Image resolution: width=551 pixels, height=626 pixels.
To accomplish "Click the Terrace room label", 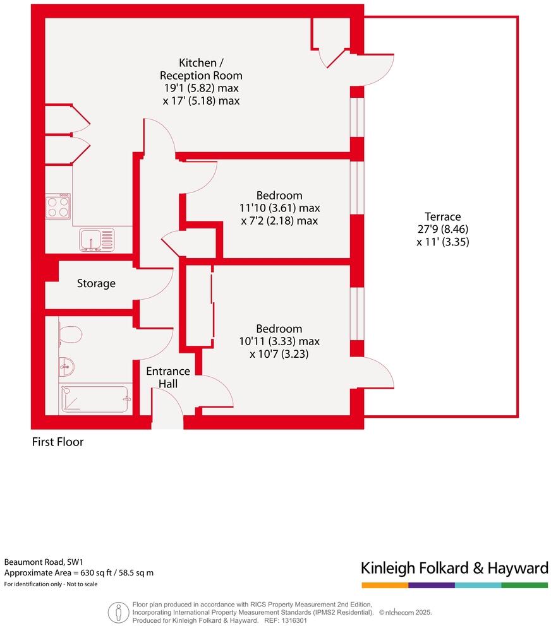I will [442, 216].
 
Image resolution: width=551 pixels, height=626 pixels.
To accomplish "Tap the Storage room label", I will [96, 283].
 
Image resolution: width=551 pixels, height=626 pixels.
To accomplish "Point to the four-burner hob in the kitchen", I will [58, 206].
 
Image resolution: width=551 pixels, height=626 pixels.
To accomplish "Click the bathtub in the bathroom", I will [94, 399].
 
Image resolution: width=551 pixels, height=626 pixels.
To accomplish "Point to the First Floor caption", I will [58, 442].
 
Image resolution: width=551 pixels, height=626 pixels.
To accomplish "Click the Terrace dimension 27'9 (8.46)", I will [442, 229].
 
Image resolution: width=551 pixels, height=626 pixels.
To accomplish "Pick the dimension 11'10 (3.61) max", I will [279, 208].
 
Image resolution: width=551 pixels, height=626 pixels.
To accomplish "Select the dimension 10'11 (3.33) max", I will [279, 341].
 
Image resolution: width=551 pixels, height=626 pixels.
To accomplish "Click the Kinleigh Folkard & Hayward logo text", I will [454, 568].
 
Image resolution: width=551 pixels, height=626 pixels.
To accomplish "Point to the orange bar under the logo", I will [384, 585].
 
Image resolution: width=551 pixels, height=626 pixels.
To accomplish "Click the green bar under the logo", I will [524, 585].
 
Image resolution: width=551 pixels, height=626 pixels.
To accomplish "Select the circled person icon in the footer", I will [118, 611].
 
